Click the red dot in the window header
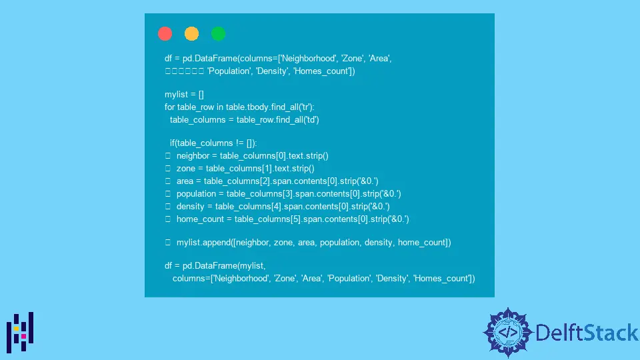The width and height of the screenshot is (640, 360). [165, 33]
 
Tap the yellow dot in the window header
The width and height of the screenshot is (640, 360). [191, 33]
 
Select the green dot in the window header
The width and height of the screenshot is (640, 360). [219, 33]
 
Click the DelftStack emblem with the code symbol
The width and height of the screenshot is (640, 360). [508, 333]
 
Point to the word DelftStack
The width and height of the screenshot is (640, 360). [587, 333]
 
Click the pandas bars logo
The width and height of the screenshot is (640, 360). [20, 332]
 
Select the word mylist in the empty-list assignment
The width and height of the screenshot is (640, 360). [176, 95]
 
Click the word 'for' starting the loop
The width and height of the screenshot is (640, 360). [169, 107]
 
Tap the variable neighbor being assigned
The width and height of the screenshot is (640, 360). [193, 156]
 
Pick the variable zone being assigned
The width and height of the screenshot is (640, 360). [186, 169]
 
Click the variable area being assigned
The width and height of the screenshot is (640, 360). [185, 181]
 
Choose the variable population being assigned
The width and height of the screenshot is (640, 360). [196, 194]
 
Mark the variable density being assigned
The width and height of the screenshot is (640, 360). [190, 207]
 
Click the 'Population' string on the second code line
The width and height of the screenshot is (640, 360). [229, 71]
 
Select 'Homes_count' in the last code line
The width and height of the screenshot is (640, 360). [443, 279]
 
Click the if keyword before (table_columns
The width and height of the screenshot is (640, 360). [172, 143]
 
